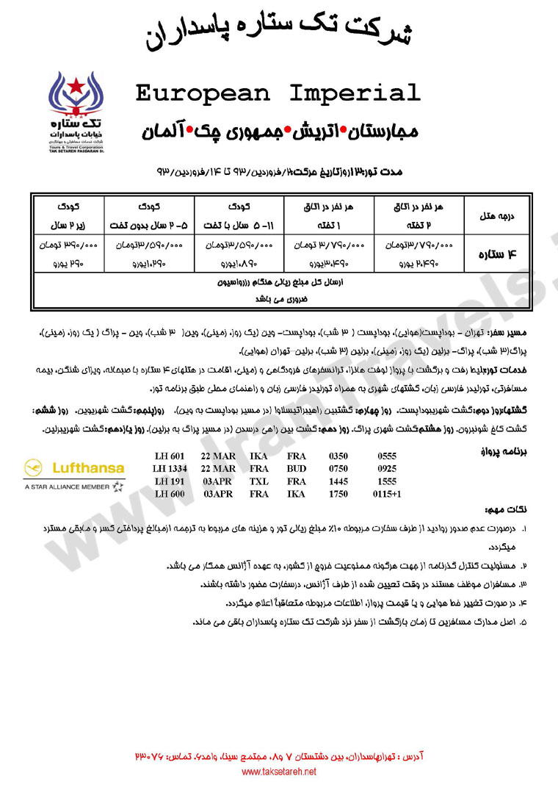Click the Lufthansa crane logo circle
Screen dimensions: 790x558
tap(35, 467)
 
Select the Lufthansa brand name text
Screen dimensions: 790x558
tap(87, 467)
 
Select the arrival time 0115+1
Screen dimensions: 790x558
tap(386, 494)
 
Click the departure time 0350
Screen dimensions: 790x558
tap(338, 456)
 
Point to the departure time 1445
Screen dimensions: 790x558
tap(338, 481)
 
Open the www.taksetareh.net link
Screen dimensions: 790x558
tap(279, 772)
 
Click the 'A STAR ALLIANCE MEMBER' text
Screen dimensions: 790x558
tap(68, 486)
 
